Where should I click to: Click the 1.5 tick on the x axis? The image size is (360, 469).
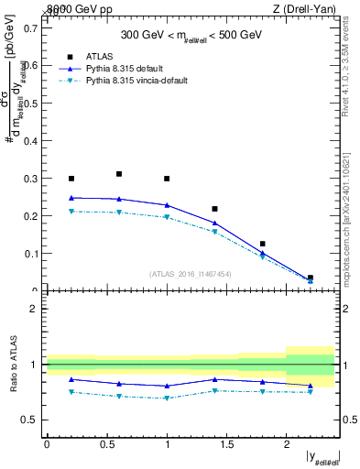pyautogui.click(x=226, y=444)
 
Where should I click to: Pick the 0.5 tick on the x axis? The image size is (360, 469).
pyautogui.click(x=106, y=444)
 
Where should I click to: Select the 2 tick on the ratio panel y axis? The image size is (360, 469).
pyautogui.click(x=33, y=309)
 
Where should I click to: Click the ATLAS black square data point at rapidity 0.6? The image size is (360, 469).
pyautogui.click(x=119, y=174)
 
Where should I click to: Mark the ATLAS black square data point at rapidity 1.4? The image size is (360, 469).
pyautogui.click(x=214, y=209)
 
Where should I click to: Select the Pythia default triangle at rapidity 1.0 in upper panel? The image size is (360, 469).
pyautogui.click(x=167, y=205)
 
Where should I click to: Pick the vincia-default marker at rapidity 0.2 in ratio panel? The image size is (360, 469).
pyautogui.click(x=71, y=392)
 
